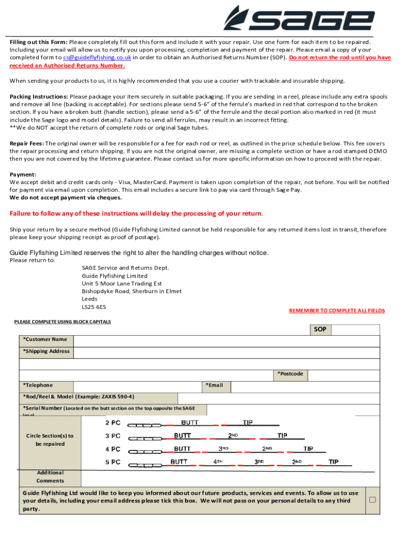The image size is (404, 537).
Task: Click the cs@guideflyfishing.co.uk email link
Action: [x=97, y=58]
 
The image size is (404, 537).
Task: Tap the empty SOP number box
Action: [x=356, y=330]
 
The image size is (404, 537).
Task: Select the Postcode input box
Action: [x=343, y=374]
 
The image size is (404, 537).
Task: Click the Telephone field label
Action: [x=38, y=385]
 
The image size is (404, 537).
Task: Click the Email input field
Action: [x=304, y=386]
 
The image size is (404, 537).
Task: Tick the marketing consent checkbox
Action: [x=373, y=500]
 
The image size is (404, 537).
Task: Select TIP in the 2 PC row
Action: [x=248, y=423]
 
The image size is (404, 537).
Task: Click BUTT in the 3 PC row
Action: [x=183, y=436]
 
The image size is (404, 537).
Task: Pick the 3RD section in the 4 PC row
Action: [x=224, y=449]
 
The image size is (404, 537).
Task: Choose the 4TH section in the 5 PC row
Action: [x=218, y=462]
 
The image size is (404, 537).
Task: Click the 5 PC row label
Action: [x=113, y=462]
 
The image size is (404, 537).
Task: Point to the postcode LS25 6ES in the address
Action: [x=94, y=307]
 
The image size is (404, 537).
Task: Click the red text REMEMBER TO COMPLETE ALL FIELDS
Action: [x=337, y=310]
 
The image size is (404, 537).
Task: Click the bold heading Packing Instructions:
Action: [x=39, y=97]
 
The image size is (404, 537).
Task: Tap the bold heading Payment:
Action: [x=23, y=175]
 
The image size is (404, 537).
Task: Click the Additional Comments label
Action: [x=50, y=477]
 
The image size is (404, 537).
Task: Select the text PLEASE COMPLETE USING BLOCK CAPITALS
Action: [x=62, y=321]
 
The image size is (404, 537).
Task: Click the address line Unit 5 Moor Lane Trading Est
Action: [x=122, y=284]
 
